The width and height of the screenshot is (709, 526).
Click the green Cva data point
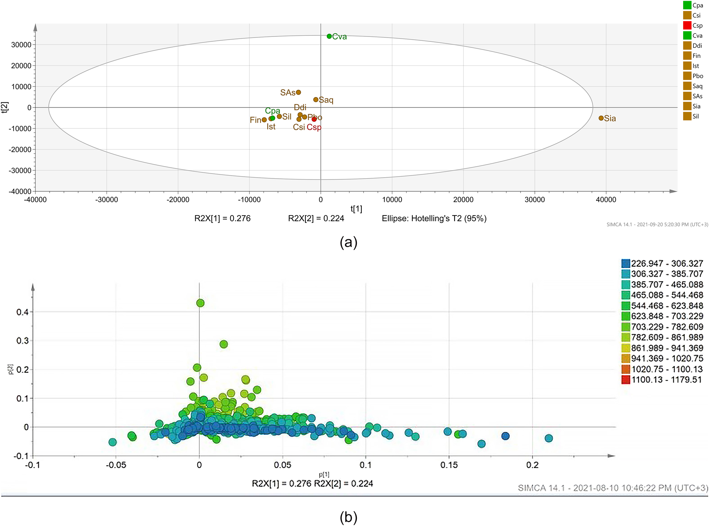[329, 36]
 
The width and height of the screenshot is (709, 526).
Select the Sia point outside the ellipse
[601, 118]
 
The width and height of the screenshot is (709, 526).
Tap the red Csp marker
[314, 119]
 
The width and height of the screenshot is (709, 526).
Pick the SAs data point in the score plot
[298, 92]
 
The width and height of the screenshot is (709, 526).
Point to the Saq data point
[316, 100]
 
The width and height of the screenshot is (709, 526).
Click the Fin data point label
[255, 120]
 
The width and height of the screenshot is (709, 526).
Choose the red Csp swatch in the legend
[687, 26]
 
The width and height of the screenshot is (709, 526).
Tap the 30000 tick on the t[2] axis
[21, 45]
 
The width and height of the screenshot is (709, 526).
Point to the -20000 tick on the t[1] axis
[178, 200]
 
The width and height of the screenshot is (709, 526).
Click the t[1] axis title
[356, 209]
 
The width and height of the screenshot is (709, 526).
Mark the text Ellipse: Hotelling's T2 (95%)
[434, 218]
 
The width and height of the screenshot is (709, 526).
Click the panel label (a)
[348, 242]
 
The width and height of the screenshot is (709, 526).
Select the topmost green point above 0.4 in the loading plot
[200, 303]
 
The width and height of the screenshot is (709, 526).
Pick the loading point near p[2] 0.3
[224, 344]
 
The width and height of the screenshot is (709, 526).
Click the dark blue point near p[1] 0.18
[505, 436]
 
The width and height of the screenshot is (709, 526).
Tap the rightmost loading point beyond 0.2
[548, 438]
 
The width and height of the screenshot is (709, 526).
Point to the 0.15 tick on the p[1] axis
[449, 465]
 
